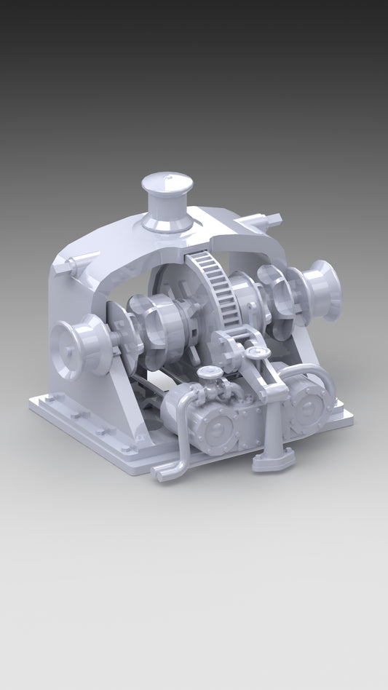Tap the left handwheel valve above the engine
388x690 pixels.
tap(211, 373)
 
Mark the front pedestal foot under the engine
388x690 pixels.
tap(274, 459)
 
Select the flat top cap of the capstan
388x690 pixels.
tap(167, 180)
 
